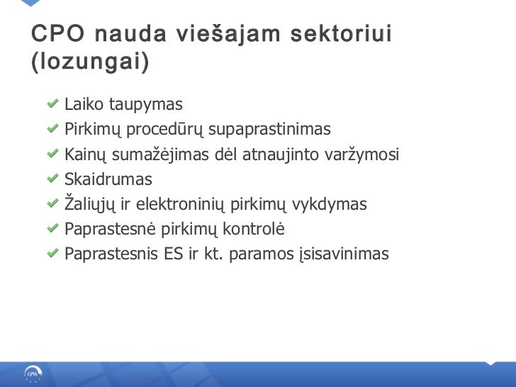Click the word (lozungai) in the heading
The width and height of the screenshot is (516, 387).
point(90,62)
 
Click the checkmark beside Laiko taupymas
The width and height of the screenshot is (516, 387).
point(52,105)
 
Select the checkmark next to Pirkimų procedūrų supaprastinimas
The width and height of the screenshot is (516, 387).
point(52,130)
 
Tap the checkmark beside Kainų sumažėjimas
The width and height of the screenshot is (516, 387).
point(52,155)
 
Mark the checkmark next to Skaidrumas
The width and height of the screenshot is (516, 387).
point(52,179)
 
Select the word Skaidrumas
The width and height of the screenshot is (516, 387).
point(108,180)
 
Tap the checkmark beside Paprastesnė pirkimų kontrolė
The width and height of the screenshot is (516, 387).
point(52,229)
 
